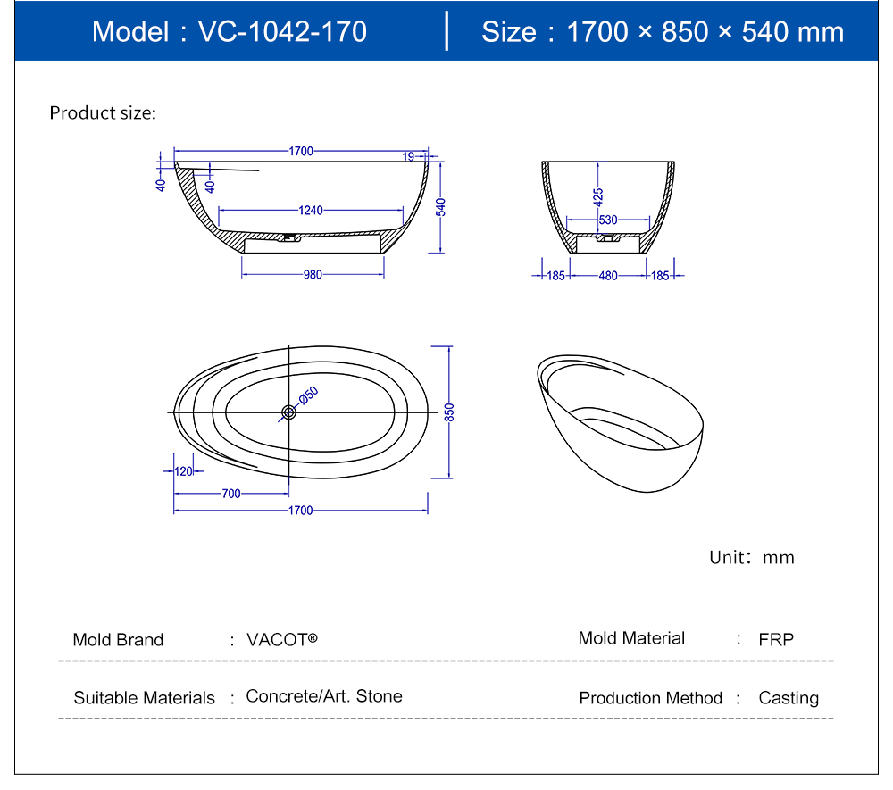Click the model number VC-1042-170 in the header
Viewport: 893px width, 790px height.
[x=282, y=32]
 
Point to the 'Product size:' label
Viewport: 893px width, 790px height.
[x=103, y=113]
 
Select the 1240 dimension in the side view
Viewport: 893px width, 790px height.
[x=311, y=211]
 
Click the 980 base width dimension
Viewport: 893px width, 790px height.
[x=312, y=275]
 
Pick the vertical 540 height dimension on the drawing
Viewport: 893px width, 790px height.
[x=440, y=206]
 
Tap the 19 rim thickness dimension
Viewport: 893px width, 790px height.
[x=408, y=156]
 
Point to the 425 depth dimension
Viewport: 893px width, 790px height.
[x=598, y=195]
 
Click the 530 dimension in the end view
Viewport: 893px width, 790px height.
[x=608, y=220]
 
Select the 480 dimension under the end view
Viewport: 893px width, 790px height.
[x=608, y=276]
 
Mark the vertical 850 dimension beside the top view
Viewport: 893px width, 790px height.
[x=450, y=412]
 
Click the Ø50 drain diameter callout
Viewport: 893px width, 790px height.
[x=308, y=395]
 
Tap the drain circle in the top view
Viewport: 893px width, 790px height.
[x=288, y=412]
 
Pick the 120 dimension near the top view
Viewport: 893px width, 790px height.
[x=184, y=471]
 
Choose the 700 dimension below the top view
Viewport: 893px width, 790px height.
[x=231, y=494]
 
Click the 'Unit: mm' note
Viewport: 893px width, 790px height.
[x=751, y=558]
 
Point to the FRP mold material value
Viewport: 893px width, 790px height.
[x=775, y=640]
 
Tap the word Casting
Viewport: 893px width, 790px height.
[x=788, y=698]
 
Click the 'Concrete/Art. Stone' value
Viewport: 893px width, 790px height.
[x=324, y=696]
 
